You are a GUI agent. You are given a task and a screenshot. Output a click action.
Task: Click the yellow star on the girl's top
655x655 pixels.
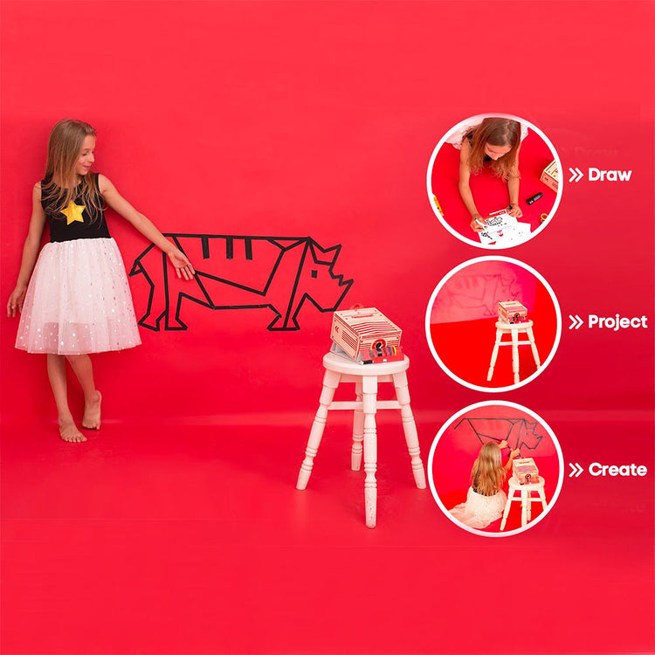(x=73, y=212)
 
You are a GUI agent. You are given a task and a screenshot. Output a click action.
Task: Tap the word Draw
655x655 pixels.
(x=610, y=175)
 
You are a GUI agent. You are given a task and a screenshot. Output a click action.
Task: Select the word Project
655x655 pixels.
(x=617, y=321)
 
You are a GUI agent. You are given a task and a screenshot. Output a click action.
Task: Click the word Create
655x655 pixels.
(x=617, y=470)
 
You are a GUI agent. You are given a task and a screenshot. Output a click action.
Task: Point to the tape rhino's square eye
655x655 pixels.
(x=314, y=274)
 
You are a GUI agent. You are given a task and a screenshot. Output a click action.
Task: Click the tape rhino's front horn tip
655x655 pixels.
(x=351, y=281)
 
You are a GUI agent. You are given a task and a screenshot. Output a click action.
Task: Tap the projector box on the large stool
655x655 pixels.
(x=366, y=335)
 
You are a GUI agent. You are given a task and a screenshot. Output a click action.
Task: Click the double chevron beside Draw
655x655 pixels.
(x=576, y=175)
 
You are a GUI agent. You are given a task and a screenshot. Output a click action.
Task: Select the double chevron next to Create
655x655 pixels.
(x=576, y=470)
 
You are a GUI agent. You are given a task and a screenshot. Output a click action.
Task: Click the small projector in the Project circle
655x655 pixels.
(x=513, y=312)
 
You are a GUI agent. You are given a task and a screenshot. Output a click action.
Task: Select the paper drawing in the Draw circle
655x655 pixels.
(x=503, y=228)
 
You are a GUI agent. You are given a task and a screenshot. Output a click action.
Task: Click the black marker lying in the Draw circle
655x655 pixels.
(x=534, y=198)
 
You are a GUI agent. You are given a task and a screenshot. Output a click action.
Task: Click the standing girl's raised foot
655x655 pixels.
(x=92, y=411)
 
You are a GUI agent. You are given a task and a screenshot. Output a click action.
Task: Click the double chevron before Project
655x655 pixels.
(x=576, y=322)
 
